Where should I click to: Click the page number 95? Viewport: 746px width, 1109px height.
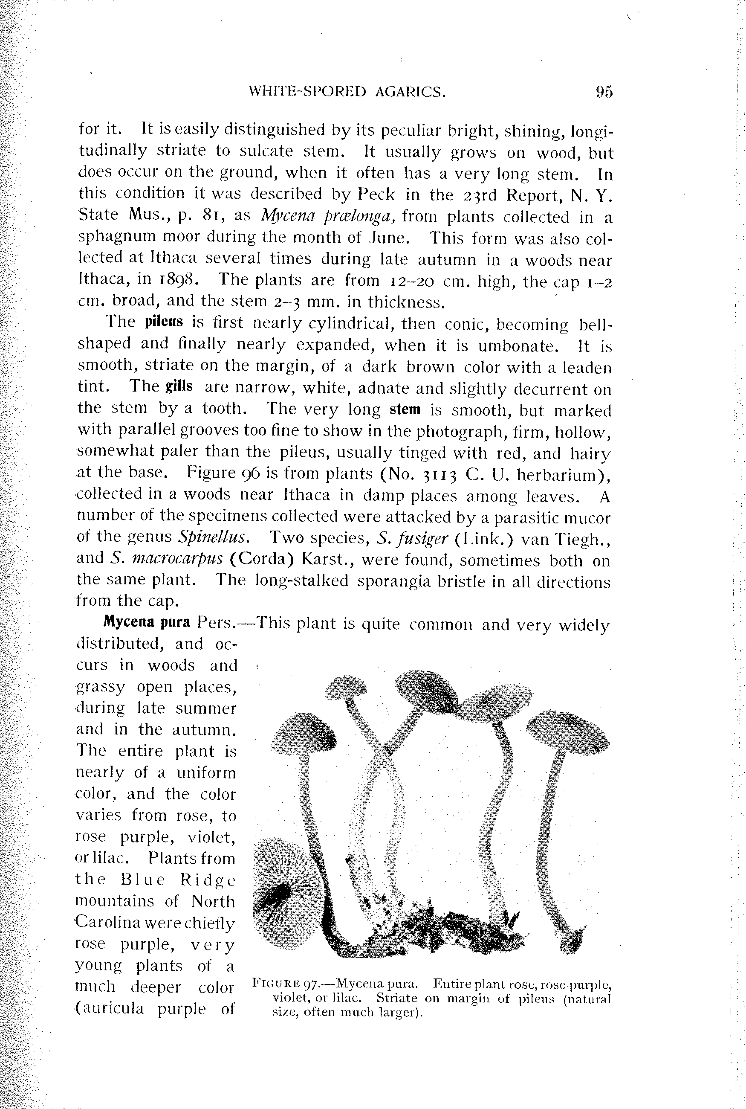point(603,91)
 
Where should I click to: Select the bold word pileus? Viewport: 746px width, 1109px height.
point(164,322)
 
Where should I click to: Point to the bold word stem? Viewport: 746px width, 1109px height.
point(405,409)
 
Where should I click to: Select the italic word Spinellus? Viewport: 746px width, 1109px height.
point(212,537)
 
